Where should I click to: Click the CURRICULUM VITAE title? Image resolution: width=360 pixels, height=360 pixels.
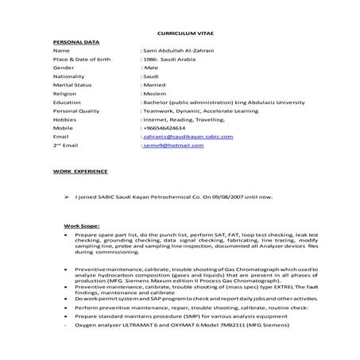point(180,36)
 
